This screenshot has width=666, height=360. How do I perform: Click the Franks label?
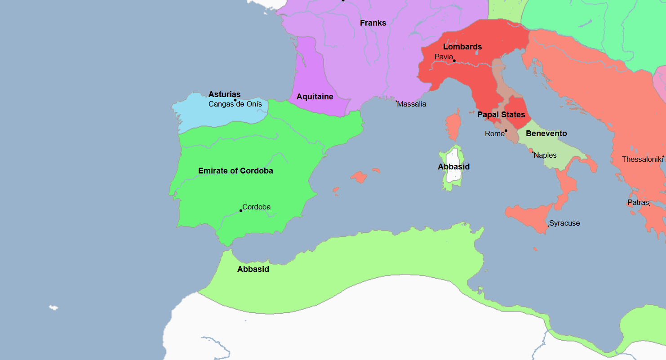(373, 23)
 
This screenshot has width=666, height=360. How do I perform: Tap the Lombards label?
(462, 47)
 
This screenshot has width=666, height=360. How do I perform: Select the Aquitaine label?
(315, 97)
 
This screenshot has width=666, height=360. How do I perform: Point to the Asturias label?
(224, 94)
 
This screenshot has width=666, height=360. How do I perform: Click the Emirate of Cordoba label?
(235, 171)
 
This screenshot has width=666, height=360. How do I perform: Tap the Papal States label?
(501, 115)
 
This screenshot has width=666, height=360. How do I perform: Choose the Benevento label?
(546, 133)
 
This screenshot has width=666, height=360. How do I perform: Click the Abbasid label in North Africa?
(253, 269)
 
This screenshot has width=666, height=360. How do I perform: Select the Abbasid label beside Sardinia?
(453, 167)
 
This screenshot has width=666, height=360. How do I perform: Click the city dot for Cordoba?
(241, 211)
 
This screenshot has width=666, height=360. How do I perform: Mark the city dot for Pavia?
(454, 61)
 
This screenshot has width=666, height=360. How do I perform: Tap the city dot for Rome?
(506, 131)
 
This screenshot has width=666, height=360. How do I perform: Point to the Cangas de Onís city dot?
(235, 100)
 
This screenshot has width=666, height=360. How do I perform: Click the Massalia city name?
(412, 104)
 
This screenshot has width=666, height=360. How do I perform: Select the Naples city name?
(545, 156)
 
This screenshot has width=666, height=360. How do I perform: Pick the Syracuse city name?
(564, 223)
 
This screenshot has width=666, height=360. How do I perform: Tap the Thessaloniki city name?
(642, 159)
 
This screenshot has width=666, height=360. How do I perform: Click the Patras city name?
(638, 203)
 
